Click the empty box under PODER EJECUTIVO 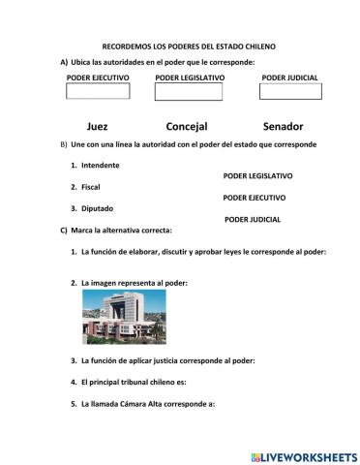[x=97, y=91]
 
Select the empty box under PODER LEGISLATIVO [x=189, y=92]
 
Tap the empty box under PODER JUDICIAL [x=290, y=91]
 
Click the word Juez [x=97, y=126]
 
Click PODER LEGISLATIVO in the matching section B [x=258, y=176]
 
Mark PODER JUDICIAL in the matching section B [x=252, y=219]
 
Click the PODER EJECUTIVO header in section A [x=98, y=77]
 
